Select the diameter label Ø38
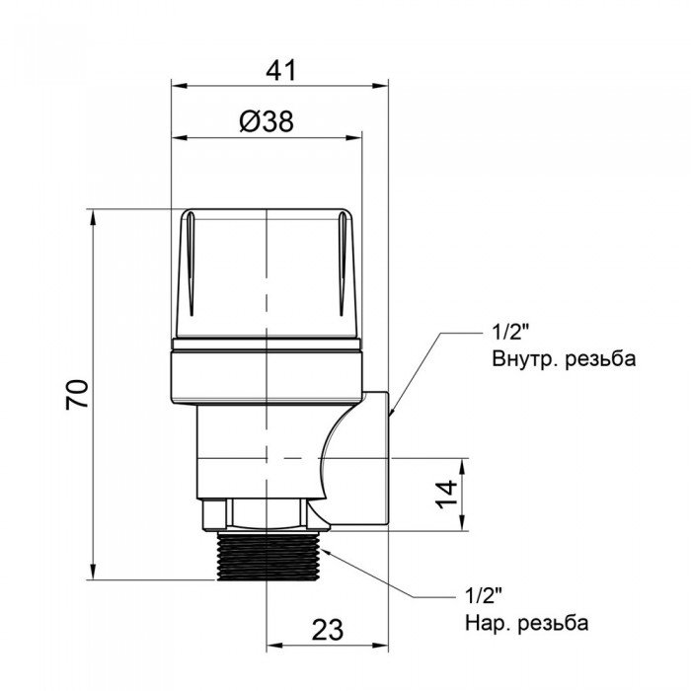[267, 121]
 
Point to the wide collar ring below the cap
[269, 371]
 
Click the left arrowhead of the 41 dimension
[178, 87]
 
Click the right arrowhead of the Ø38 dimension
[359, 138]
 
